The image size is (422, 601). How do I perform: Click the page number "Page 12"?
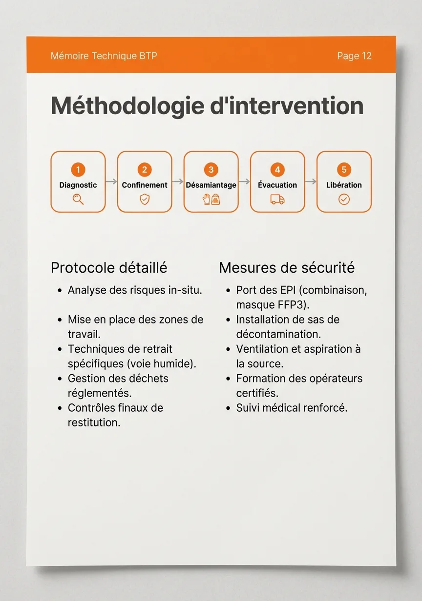pyautogui.click(x=354, y=56)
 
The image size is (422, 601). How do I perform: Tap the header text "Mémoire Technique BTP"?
pyautogui.click(x=104, y=56)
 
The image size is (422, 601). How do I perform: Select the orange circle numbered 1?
pyautogui.click(x=78, y=170)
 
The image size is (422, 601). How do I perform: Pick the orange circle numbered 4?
pyautogui.click(x=277, y=170)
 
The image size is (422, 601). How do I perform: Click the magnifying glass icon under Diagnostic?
pyautogui.click(x=78, y=199)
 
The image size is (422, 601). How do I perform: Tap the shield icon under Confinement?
pyautogui.click(x=145, y=199)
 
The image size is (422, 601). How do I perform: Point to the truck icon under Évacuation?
pyautogui.click(x=277, y=199)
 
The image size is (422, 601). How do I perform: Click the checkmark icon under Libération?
pyautogui.click(x=344, y=199)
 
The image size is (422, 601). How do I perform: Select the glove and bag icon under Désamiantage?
pyautogui.click(x=211, y=199)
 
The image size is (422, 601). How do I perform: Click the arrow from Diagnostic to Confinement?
pyautogui.click(x=111, y=181)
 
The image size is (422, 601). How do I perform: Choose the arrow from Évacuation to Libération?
pyautogui.click(x=311, y=181)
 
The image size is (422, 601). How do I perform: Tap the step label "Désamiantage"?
pyautogui.click(x=211, y=185)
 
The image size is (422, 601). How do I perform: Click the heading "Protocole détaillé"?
pyautogui.click(x=109, y=268)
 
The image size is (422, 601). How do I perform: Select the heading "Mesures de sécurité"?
pyautogui.click(x=287, y=268)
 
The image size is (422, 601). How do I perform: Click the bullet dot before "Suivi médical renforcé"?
pyautogui.click(x=228, y=408)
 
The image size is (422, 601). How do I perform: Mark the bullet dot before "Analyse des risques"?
pyautogui.click(x=59, y=291)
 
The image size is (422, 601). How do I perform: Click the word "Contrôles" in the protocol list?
pyautogui.click(x=90, y=408)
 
